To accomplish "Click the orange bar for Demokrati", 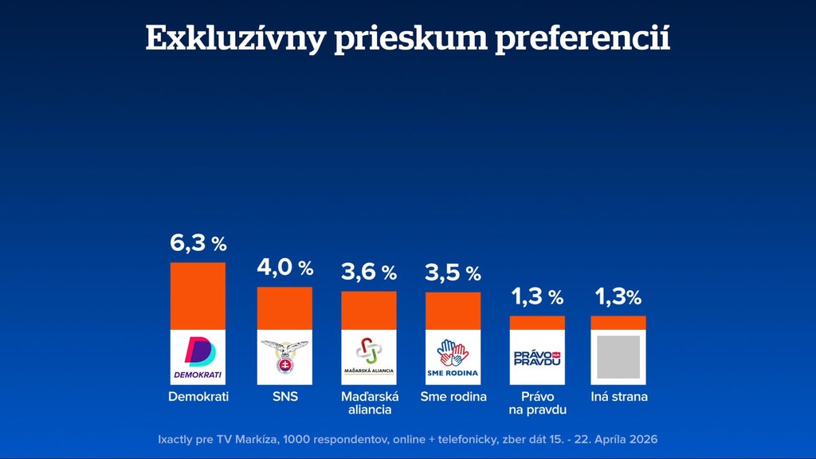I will tap(198, 296).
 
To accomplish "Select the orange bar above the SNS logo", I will tap(284, 308).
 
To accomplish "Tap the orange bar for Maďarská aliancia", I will tap(369, 310).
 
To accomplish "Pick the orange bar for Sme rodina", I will tap(453, 311).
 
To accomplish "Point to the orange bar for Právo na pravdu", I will tap(537, 323).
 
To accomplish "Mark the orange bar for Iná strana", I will tap(618, 323).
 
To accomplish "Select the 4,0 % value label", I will tap(284, 269).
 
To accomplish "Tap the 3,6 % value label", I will tap(369, 273).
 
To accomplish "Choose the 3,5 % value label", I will tap(453, 273).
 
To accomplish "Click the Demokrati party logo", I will tap(198, 357).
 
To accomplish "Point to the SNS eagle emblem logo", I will tap(284, 357).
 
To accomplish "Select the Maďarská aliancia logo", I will tap(369, 357).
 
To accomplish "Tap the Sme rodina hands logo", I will tap(453, 357).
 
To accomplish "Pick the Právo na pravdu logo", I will tap(537, 357).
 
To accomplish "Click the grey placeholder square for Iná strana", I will tap(618, 357).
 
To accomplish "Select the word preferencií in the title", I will tap(583, 38).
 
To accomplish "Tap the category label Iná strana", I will tap(619, 396).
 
